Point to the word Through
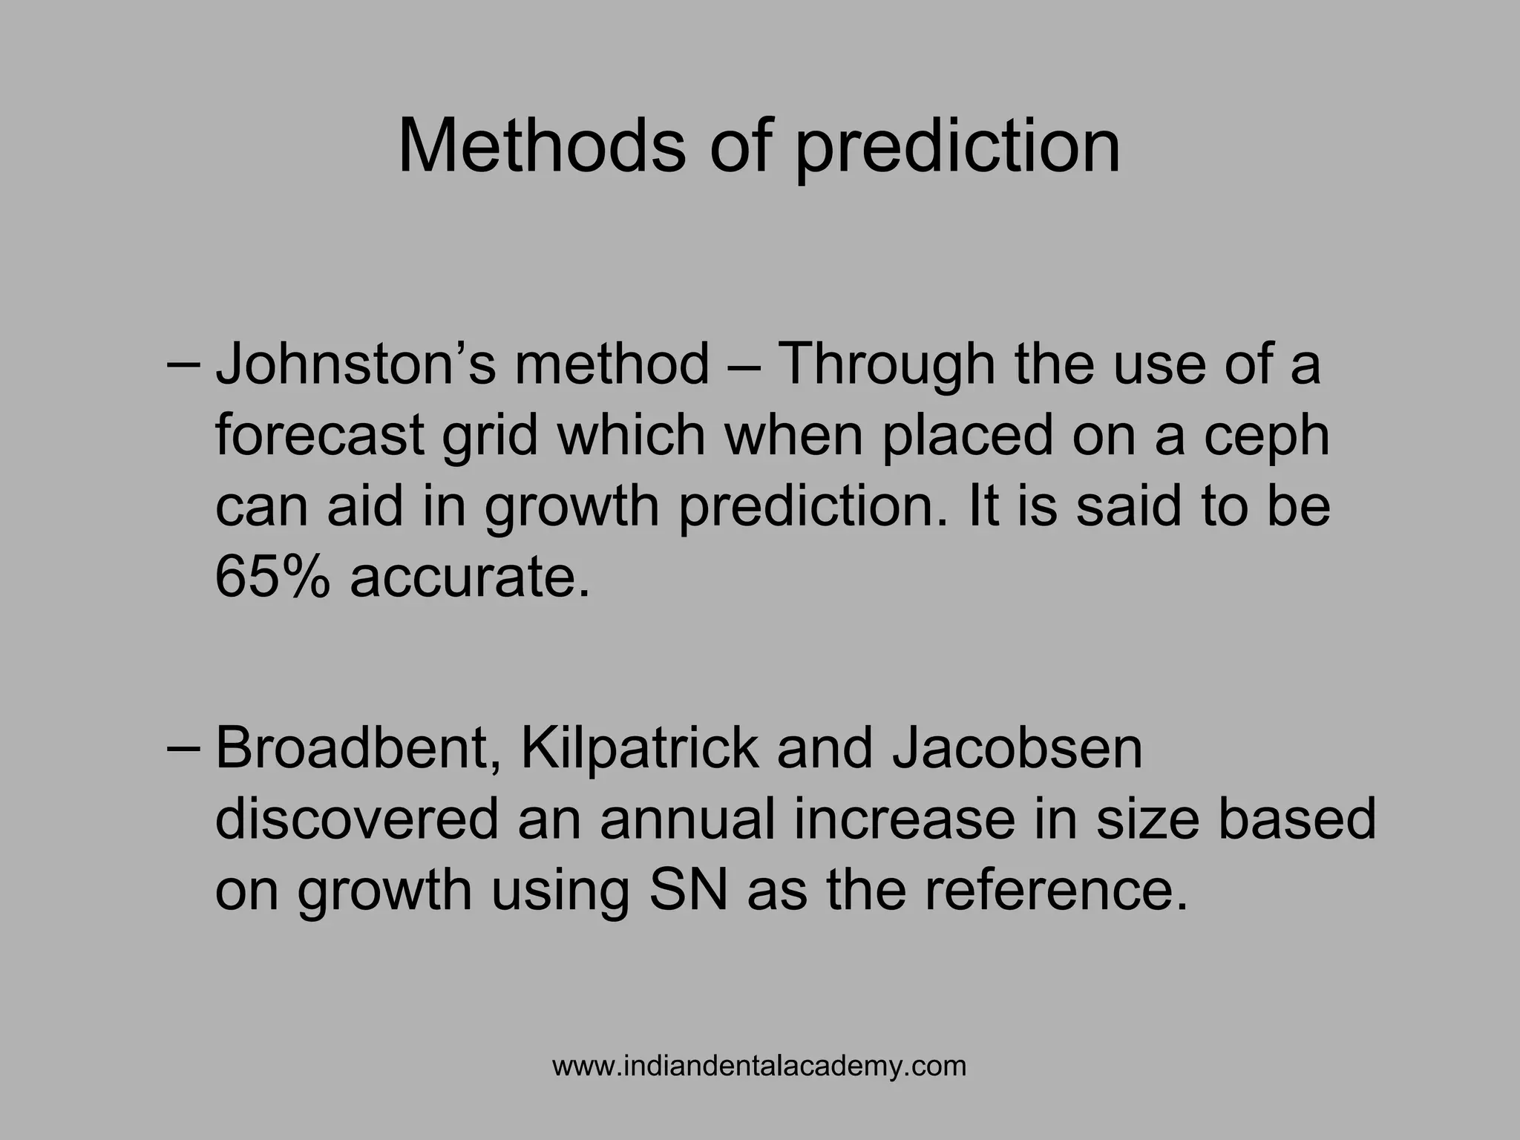(x=885, y=366)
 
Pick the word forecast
(x=320, y=435)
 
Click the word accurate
(x=471, y=579)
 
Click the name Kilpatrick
(x=641, y=750)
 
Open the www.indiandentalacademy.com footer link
(x=759, y=1067)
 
